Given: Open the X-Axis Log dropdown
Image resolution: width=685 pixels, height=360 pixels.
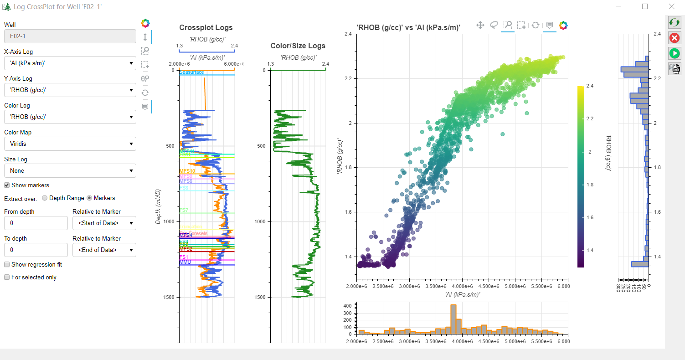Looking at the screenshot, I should point(70,63).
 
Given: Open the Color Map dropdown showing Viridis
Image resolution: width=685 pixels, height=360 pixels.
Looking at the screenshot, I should point(70,144).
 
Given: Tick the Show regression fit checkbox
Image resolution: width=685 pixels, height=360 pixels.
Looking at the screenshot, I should point(7,265).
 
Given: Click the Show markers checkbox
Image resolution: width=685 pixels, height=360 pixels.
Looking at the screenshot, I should point(7,185).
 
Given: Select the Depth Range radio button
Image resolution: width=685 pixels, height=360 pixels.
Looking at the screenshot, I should point(45,198).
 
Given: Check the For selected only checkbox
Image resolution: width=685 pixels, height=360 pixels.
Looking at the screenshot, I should point(7,277).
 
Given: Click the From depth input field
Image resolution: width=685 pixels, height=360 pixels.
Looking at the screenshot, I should point(36,223).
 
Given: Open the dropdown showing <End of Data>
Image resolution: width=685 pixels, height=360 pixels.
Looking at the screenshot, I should point(104,250).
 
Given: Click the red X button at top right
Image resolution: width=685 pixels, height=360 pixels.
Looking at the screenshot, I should point(674,38).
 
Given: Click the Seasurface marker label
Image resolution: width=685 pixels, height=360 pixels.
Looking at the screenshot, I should point(191,72).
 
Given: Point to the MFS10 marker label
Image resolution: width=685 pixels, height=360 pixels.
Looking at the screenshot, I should point(187,171).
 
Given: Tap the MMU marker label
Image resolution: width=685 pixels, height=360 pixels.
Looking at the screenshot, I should point(185,262).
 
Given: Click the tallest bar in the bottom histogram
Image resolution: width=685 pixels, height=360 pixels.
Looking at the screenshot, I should point(453,319).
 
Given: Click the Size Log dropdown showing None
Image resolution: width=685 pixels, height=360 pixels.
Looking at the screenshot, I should point(70,171).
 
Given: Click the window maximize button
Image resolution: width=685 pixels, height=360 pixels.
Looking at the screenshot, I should point(645,6).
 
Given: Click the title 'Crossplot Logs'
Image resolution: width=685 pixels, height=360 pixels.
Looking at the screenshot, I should point(206,28).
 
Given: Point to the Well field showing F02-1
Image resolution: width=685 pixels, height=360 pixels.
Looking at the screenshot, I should point(70,36).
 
